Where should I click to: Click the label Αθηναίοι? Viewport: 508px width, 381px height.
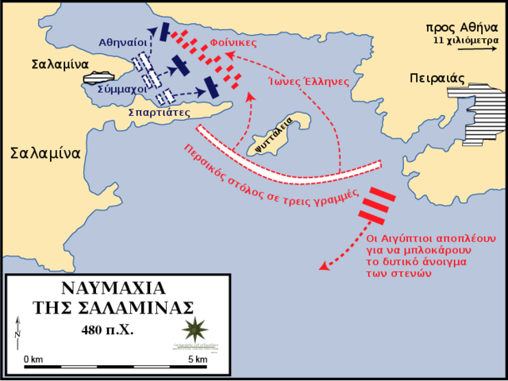tap(123, 41)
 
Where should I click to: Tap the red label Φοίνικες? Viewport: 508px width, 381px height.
tap(233, 42)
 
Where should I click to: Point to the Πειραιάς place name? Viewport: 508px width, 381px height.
tap(437, 79)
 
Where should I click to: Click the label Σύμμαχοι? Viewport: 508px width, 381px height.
tap(121, 90)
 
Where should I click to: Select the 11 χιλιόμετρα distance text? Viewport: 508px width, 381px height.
tap(466, 39)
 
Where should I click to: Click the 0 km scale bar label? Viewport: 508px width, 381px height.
tap(33, 360)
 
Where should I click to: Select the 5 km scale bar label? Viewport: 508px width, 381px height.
tap(197, 360)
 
